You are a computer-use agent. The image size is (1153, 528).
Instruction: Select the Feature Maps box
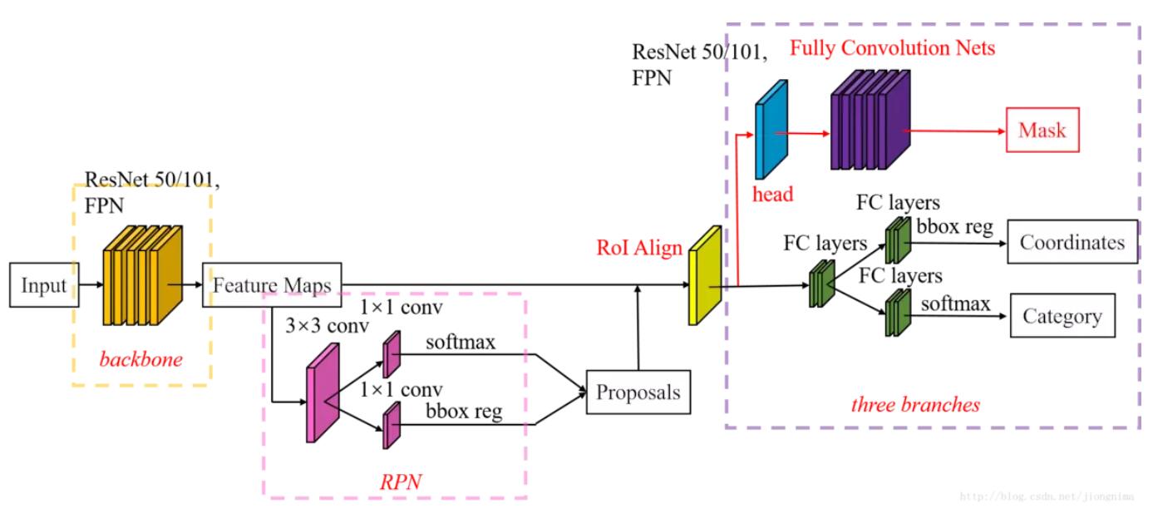coord(272,286)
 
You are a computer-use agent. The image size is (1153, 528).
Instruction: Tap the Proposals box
coord(638,391)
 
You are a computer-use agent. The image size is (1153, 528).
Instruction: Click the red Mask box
coord(1042,131)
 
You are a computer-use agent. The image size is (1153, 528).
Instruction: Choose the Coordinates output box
coord(1072,242)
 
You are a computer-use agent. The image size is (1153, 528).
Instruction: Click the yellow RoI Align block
coord(703,275)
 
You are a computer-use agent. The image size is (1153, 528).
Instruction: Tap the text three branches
coord(915,405)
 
